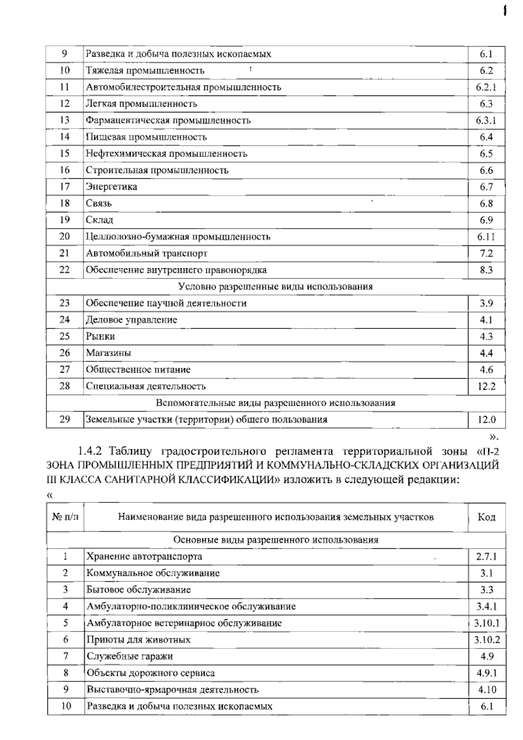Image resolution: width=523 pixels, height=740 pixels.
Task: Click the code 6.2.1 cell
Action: [x=486, y=87]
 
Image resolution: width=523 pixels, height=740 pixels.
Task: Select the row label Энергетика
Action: [x=112, y=187]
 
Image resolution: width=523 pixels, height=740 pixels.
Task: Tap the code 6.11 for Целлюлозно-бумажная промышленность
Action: [x=486, y=237]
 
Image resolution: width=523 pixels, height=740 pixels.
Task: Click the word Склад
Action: [x=100, y=220]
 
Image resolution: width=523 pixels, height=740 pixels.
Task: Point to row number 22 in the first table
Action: [x=65, y=270]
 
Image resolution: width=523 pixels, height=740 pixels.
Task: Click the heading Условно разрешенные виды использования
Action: [x=275, y=287]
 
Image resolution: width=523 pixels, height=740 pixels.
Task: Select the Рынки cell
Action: [x=101, y=336]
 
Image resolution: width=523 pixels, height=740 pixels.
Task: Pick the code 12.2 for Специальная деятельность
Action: [x=486, y=387]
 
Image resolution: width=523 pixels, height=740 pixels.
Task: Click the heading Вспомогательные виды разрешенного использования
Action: [x=275, y=403]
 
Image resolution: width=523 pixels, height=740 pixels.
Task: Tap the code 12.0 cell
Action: [x=486, y=420]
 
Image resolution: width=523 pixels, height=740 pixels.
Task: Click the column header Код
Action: [x=486, y=517]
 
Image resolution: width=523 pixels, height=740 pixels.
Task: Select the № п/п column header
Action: [x=65, y=517]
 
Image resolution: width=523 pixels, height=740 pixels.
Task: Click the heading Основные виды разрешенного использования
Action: [x=275, y=540]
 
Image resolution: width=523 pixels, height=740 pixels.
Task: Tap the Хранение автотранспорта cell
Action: [x=144, y=557]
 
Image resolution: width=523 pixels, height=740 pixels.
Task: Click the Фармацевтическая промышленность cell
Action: [x=168, y=120]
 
